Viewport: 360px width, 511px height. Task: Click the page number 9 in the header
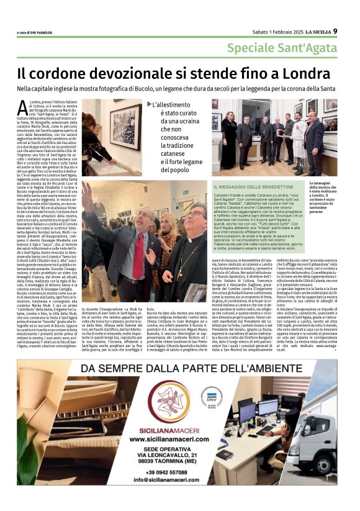click(x=335, y=31)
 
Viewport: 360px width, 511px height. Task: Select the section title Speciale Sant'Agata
click(x=281, y=48)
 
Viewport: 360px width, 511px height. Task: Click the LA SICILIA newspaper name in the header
click(x=315, y=32)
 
